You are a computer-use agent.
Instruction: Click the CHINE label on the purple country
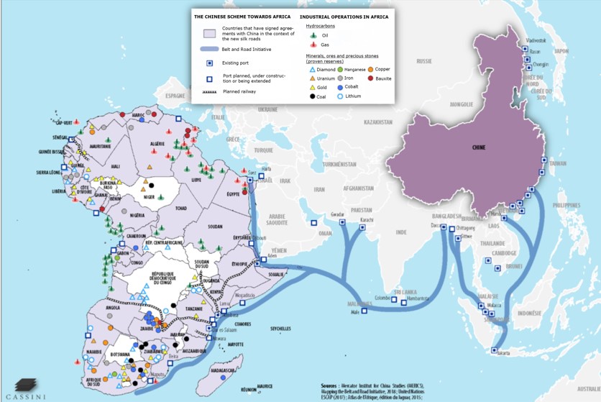[478, 147]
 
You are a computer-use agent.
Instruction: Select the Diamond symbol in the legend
[312, 70]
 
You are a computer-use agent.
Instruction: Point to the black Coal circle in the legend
[312, 96]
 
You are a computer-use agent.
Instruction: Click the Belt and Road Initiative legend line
[209, 49]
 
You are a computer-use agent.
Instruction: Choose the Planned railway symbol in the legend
[209, 92]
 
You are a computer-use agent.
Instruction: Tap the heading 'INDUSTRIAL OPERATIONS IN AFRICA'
[344, 17]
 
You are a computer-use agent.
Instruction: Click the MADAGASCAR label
[222, 370]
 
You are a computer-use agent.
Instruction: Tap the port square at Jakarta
[494, 350]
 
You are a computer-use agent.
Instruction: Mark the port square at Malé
[364, 311]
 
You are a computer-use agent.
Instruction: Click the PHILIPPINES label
[566, 205]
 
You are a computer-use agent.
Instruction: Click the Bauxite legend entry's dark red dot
[370, 78]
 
